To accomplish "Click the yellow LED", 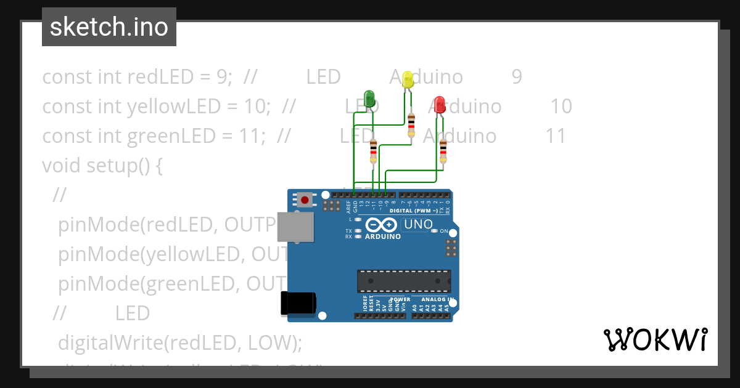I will tap(407, 79).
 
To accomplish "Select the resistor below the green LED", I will tap(373, 151).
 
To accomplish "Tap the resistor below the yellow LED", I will tap(411, 125).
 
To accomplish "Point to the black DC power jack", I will tap(298, 302).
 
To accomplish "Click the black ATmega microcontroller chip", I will tap(404, 281).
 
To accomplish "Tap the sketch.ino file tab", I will tap(109, 27).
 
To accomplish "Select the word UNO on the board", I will tap(418, 225).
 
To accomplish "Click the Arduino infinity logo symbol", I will tap(382, 225).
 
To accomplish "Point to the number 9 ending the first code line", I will tap(517, 77).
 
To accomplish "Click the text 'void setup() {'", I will tap(102, 166).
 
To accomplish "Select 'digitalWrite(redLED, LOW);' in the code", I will tap(179, 342).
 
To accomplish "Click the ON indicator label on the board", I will tap(443, 231).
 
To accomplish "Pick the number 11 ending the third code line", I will tap(556, 136).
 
